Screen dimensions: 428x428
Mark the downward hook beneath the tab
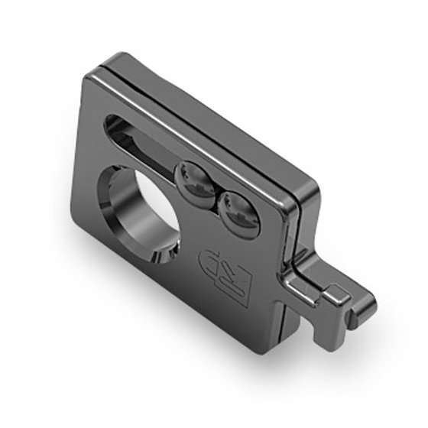click(x=317, y=325)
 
